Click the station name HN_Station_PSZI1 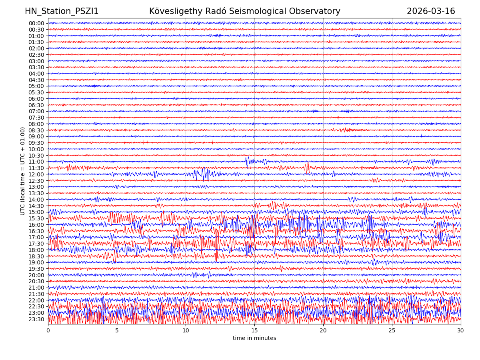coord(62,12)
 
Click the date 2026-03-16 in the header coord(431,12)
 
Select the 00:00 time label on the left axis coord(36,23)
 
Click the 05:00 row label coord(36,86)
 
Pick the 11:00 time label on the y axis coord(36,162)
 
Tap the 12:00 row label coord(36,174)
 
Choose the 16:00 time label coord(36,225)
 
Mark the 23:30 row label coord(36,319)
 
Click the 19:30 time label coord(36,269)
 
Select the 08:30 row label coord(36,130)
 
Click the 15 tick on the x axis coord(254,331)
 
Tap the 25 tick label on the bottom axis coord(392,331)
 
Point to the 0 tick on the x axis coord(48,331)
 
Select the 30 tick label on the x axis coord(461,331)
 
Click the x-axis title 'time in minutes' coord(254,338)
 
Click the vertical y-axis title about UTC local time coord(23,171)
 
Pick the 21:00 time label coord(36,288)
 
